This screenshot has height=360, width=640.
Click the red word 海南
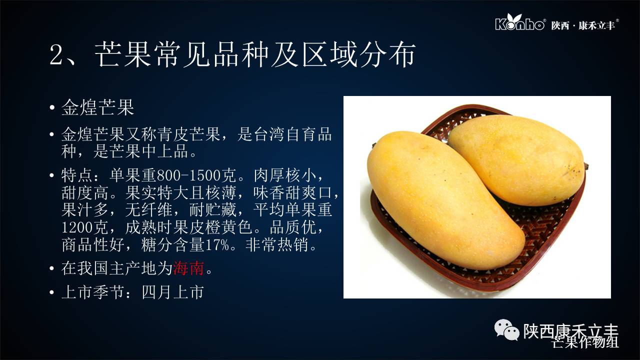188,268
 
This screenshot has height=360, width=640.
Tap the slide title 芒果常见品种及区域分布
255,55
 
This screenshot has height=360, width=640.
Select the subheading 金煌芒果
97,107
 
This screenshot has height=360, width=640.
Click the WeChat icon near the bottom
506,330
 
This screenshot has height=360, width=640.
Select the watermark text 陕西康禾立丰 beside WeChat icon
571,331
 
